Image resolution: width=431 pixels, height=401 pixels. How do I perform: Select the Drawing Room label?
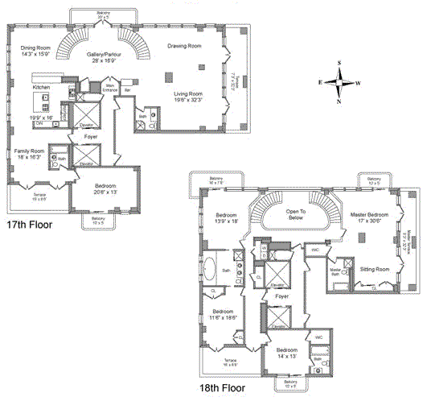183,47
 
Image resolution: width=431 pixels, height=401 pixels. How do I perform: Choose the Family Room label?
29,151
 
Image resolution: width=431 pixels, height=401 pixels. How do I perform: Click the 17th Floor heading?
29,225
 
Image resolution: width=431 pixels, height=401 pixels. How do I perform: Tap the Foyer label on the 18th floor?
281,296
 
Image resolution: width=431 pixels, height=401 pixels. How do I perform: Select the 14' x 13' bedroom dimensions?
287,358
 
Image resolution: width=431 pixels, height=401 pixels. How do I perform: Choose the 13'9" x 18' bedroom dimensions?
227,222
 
